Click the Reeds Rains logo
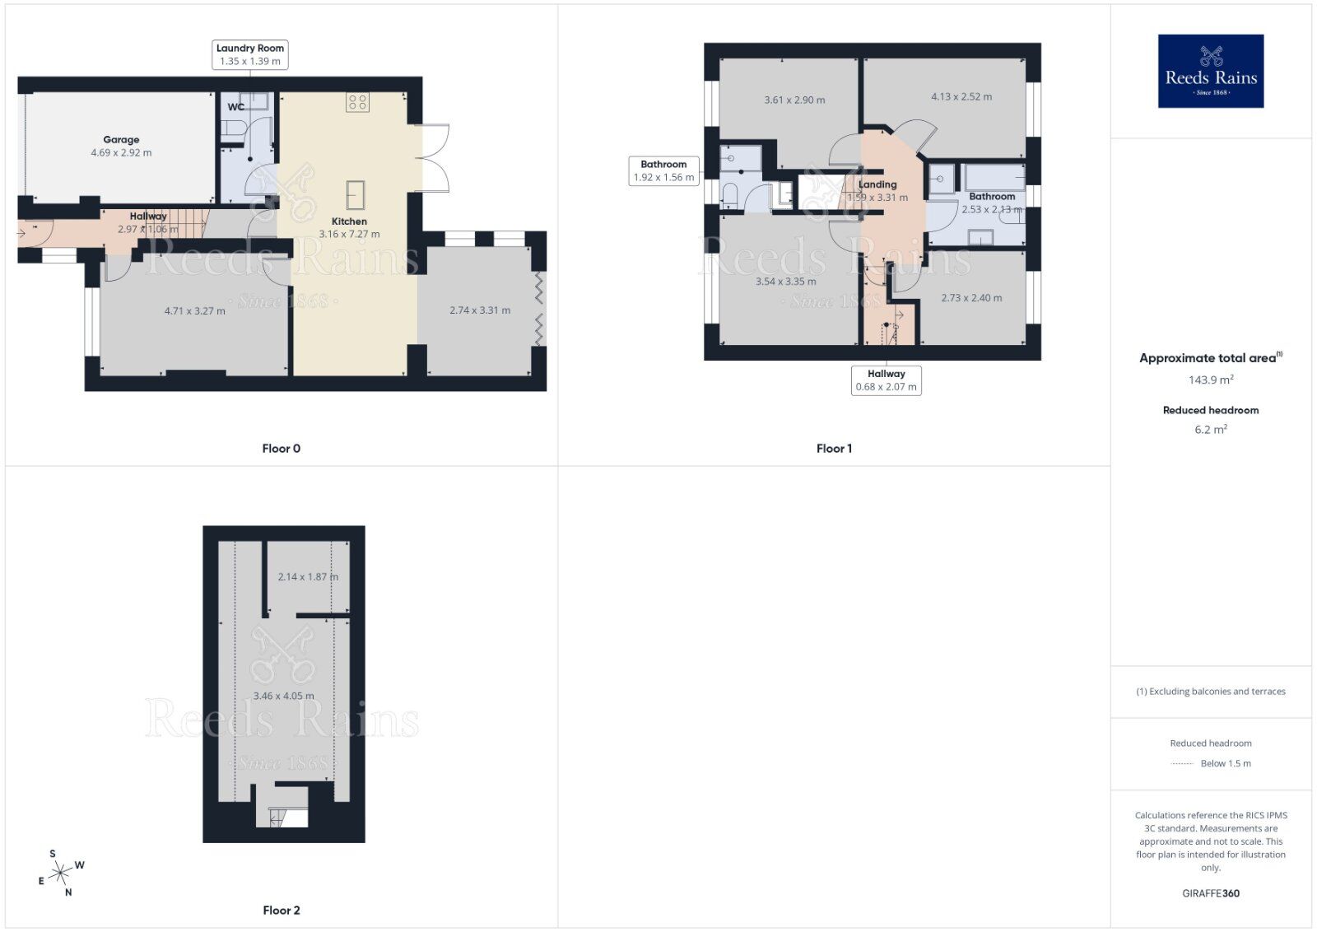tap(1210, 71)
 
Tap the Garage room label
tap(121, 140)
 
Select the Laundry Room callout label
tap(250, 54)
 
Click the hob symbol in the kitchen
tap(357, 102)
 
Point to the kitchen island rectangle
tap(356, 194)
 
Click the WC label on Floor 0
tap(235, 107)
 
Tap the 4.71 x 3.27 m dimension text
tap(195, 311)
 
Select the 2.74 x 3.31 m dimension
tap(480, 310)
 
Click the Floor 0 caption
tap(282, 449)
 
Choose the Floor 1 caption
tap(834, 449)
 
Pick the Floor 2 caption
tap(282, 911)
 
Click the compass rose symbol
tap(61, 873)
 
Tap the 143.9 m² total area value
tap(1210, 380)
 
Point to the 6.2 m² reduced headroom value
tap(1210, 429)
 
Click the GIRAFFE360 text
tap(1210, 893)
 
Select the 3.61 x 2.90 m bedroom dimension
tap(794, 100)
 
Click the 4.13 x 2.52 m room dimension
tap(961, 97)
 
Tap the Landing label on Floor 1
tap(877, 184)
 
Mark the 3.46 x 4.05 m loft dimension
tap(283, 696)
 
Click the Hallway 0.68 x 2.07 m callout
tap(886, 380)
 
